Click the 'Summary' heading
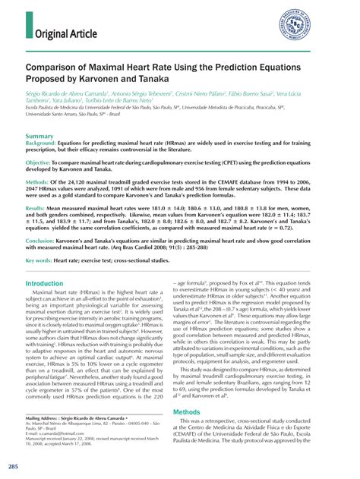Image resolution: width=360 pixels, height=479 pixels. (x=39, y=137)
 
